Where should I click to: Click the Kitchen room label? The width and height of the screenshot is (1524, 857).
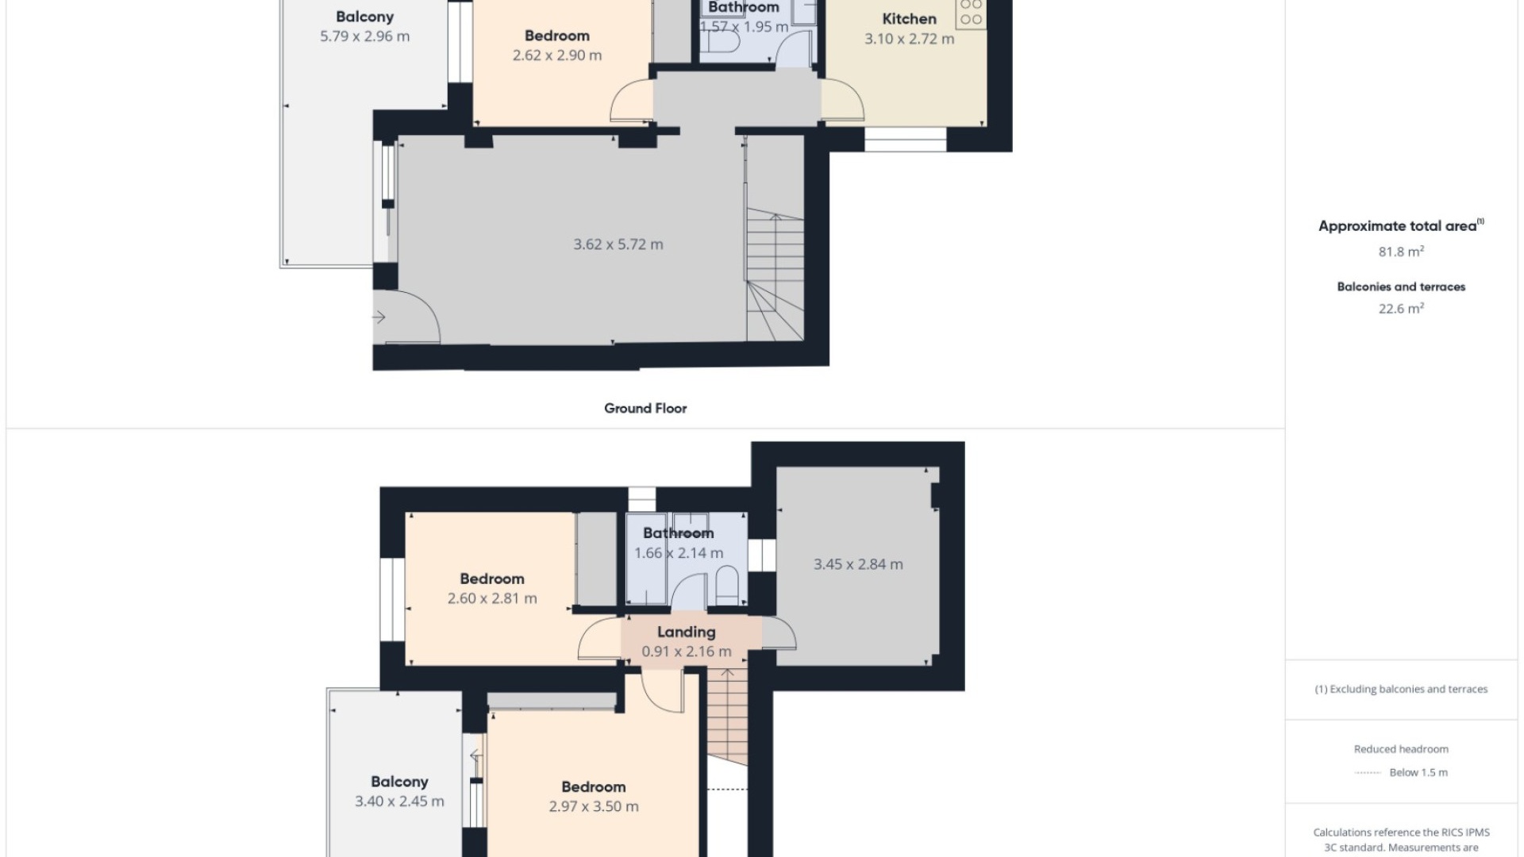(909, 19)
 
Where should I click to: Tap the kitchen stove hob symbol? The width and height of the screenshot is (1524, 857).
(971, 13)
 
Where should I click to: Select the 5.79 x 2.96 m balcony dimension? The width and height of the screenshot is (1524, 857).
(364, 37)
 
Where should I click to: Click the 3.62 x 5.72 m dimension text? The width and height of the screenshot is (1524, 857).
(618, 244)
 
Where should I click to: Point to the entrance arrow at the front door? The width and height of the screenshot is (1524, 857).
(379, 317)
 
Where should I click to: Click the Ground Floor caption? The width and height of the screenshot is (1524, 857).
(645, 409)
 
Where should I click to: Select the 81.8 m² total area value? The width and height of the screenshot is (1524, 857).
(1401, 252)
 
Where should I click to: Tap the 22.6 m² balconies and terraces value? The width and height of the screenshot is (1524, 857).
(1401, 309)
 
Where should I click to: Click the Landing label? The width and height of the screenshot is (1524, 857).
(686, 632)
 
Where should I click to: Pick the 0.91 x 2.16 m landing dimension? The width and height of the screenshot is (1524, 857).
(686, 651)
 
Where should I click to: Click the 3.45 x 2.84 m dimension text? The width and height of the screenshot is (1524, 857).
(858, 564)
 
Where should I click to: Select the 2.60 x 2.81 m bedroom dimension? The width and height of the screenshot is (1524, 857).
(492, 598)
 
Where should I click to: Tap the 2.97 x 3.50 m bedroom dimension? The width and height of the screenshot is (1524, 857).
(594, 806)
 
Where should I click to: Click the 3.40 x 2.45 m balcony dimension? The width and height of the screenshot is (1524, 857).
(399, 801)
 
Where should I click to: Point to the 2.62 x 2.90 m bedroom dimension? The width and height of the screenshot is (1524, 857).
(557, 56)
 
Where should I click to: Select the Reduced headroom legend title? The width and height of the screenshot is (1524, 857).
(1401, 749)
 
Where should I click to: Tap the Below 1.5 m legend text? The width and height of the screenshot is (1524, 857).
(1418, 773)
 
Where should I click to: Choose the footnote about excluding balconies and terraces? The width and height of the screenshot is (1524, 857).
(1401, 690)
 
